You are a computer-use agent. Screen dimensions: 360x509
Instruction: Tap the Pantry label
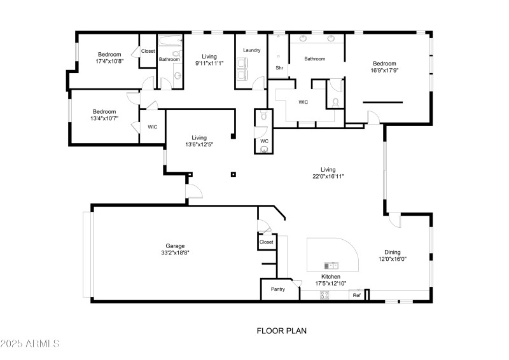pyautogui.click(x=278, y=289)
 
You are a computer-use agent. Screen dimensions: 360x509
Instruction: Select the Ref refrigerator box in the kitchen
pyautogui.click(x=357, y=295)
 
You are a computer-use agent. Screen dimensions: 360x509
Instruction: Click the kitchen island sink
pyautogui.click(x=331, y=265)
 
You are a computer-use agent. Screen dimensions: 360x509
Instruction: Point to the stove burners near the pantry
pyautogui.click(x=324, y=294)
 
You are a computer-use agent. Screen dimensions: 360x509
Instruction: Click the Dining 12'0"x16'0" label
pyautogui.click(x=393, y=255)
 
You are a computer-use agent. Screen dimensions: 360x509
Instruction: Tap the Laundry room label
pyautogui.click(x=251, y=50)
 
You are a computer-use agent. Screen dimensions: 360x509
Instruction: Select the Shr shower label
pyautogui.click(x=279, y=67)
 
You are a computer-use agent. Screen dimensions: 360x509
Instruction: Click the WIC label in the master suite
pyautogui.click(x=303, y=102)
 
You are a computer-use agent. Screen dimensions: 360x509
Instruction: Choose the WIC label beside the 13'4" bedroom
pyautogui.click(x=153, y=127)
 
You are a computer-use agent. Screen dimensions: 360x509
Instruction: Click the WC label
pyautogui.click(x=264, y=141)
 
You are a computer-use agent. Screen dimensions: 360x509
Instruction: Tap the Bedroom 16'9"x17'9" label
pyautogui.click(x=384, y=67)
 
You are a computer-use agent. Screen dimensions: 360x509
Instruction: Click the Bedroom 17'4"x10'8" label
pyautogui.click(x=109, y=58)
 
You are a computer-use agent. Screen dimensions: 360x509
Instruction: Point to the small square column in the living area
pyautogui.click(x=234, y=174)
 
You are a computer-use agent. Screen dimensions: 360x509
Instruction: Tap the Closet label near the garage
pyautogui.click(x=267, y=242)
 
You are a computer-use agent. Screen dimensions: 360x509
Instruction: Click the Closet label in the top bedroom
pyautogui.click(x=148, y=51)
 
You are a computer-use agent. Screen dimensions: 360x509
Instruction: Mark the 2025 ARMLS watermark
pyautogui.click(x=30, y=344)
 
